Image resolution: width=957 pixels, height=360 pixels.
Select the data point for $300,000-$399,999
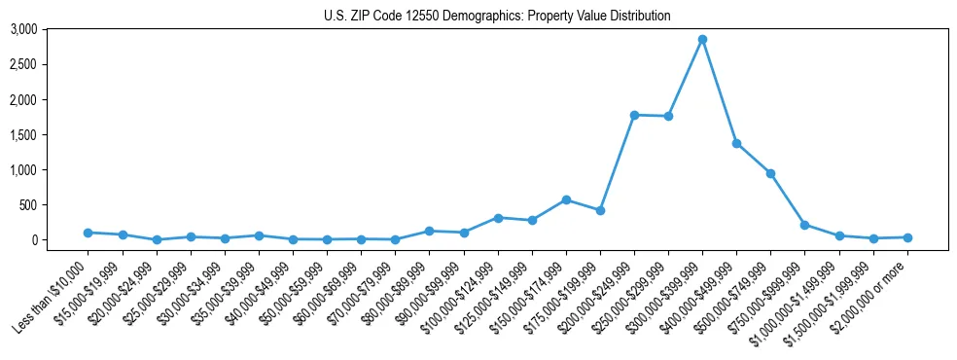click(x=702, y=40)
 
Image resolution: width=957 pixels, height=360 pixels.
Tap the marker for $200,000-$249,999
click(x=634, y=115)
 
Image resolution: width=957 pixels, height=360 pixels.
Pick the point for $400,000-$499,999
click(x=736, y=143)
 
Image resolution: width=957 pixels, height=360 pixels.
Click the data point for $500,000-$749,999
click(x=770, y=173)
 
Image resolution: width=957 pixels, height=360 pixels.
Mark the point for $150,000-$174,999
click(x=566, y=199)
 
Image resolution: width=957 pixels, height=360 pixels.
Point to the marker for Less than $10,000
click(x=89, y=233)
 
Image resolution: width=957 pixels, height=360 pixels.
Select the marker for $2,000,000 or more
click(x=907, y=237)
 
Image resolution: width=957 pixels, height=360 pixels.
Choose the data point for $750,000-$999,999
click(x=804, y=225)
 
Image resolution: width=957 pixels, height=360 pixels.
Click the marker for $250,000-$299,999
click(x=668, y=116)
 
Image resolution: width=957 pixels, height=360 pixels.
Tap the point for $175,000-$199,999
click(x=600, y=210)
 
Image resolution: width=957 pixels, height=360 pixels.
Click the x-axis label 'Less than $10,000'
click(x=54, y=296)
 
